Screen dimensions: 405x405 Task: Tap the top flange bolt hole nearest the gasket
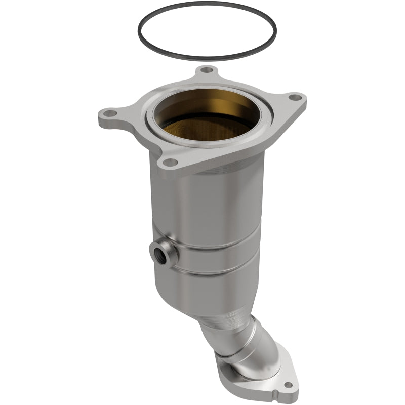[205, 70]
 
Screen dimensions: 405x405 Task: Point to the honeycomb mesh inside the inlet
[208, 132]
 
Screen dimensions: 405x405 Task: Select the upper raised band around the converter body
[218, 245]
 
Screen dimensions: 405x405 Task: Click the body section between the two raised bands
[218, 260]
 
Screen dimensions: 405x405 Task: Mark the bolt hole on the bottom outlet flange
[287, 385]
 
